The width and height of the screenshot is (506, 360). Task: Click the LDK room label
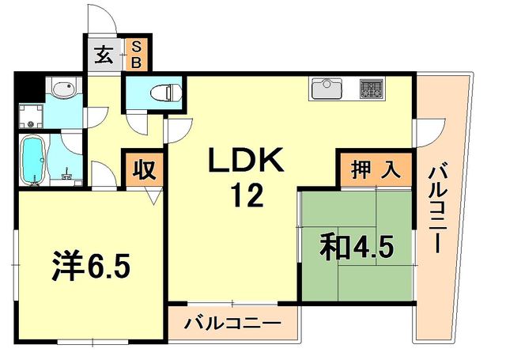pos(246,162)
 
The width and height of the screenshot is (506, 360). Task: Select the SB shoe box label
pos(136,55)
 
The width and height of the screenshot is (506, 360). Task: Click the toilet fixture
pos(162,92)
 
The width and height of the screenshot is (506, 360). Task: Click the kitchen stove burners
pos(370,89)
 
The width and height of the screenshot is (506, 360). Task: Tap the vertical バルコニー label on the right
pos(440,207)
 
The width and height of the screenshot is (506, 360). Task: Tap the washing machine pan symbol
pos(32,116)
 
